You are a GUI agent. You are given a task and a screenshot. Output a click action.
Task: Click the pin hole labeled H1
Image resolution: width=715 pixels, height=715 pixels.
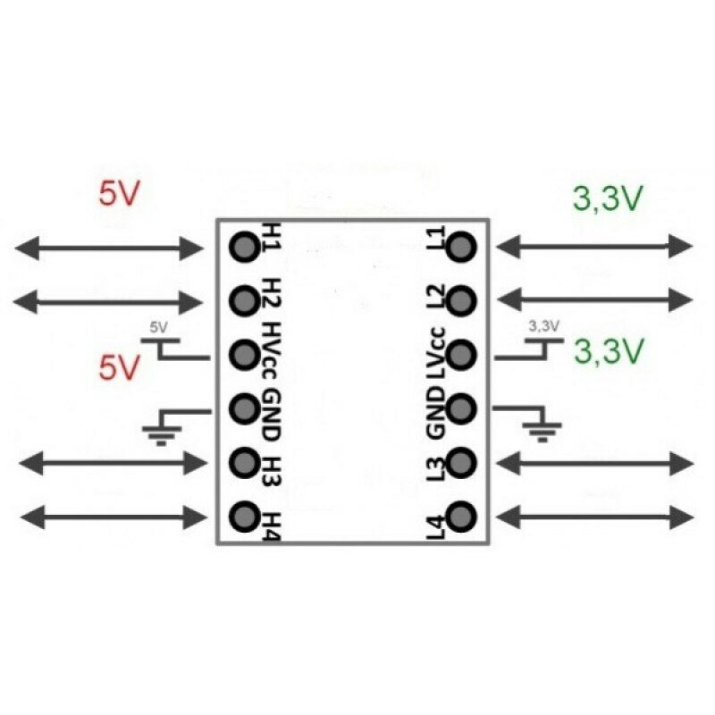[x=243, y=245]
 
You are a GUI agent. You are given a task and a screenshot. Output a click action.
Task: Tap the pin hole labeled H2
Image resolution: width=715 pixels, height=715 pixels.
[x=243, y=299]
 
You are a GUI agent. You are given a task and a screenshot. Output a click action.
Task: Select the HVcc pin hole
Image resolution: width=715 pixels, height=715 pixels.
[x=243, y=354]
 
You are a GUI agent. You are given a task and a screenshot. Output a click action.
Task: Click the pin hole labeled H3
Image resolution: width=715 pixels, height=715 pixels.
[x=243, y=462]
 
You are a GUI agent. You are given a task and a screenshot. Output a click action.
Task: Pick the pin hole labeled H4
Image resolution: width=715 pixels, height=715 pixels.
[x=243, y=516]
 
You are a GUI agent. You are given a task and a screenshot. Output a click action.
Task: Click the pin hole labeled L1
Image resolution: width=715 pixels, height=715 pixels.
[x=462, y=246]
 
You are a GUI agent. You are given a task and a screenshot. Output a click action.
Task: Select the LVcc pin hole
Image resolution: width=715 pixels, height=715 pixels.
[x=462, y=354]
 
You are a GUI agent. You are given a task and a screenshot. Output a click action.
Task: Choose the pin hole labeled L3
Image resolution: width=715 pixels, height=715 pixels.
[x=462, y=463]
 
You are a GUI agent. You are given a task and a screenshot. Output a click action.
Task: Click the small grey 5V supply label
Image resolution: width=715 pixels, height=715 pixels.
[x=158, y=327]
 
